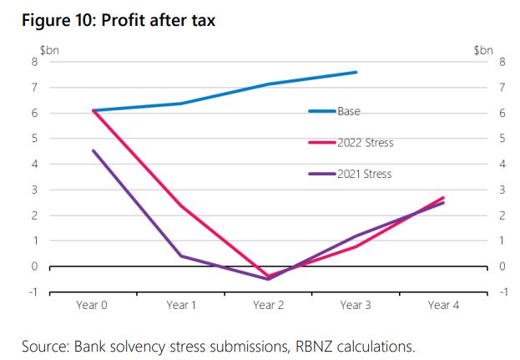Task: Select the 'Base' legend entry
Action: (x=349, y=111)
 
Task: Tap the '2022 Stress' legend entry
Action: (x=365, y=143)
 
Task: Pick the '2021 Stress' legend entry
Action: (x=364, y=174)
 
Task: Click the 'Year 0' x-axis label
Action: (x=93, y=306)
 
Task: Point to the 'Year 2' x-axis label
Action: (x=269, y=306)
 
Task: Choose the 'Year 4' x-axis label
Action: (x=443, y=306)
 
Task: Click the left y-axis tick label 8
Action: (x=35, y=61)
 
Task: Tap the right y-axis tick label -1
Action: (x=501, y=292)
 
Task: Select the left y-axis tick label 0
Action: (x=35, y=266)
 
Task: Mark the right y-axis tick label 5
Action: (x=501, y=138)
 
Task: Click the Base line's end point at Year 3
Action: (x=356, y=72)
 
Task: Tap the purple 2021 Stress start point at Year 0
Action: (x=93, y=150)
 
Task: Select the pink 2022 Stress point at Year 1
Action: (x=181, y=205)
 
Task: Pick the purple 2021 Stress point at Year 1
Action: (x=181, y=256)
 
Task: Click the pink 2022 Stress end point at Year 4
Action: (x=443, y=197)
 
